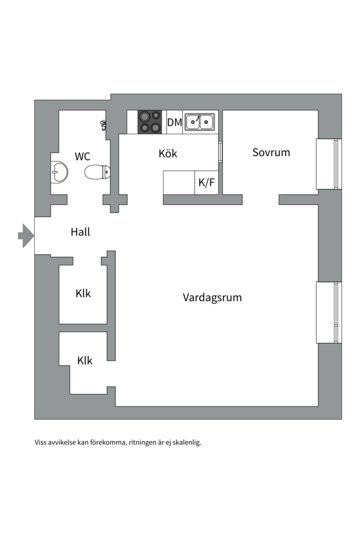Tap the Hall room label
coord(80,232)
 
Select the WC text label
coord(82,156)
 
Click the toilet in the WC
coord(96,172)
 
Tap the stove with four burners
coord(150,122)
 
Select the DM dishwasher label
coord(174,122)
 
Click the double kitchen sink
coord(199,122)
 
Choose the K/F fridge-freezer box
coord(206,182)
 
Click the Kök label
coord(168,153)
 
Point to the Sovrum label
coord(271,152)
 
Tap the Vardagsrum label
coord(212,298)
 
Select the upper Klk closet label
coord(83,293)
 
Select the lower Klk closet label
coord(85,360)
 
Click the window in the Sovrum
coord(328,164)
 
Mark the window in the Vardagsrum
coord(328,312)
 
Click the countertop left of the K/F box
coord(179,182)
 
